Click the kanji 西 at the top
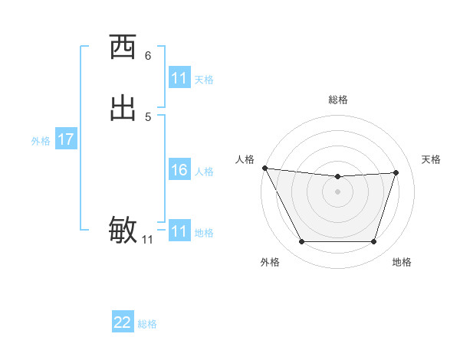pos(123,47)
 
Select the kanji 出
pos(123,107)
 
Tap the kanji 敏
pos(123,229)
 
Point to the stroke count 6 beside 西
pos(148,55)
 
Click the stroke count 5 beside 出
pos(148,116)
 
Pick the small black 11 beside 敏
pos(147,240)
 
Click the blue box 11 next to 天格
pos(179,78)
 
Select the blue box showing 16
pos(179,170)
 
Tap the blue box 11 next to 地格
pos(179,231)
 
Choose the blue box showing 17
pos(66,139)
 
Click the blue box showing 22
pos(123,322)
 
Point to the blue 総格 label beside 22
pos(147,324)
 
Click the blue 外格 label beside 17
pos(41,141)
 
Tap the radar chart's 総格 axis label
pos(337,100)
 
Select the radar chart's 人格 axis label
pos(245,159)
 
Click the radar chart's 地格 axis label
pos(402,262)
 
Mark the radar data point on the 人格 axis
pos(264,168)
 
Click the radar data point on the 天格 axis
pos(396,172)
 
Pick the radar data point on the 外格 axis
pos(301,242)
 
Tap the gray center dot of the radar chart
pos(337,191)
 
